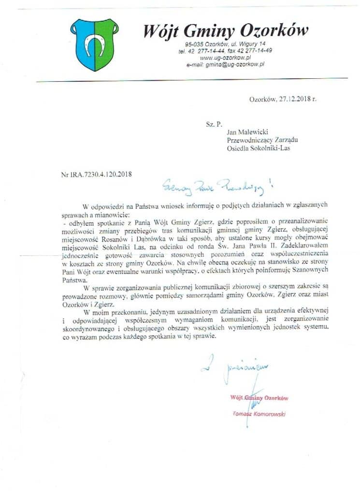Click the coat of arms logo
tap(95, 44)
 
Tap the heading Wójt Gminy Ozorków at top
tap(226, 31)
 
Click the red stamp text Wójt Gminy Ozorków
tap(259, 398)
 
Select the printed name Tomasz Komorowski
tap(259, 414)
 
